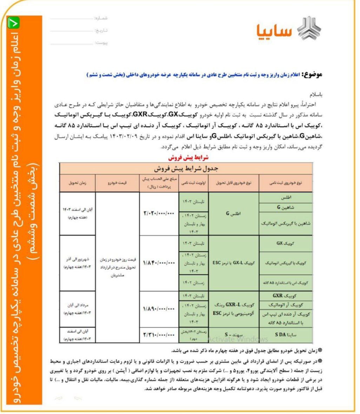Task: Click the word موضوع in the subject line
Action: pos(312,75)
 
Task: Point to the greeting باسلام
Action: pos(315,95)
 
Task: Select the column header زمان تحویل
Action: pos(78,183)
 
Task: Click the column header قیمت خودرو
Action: pos(118,183)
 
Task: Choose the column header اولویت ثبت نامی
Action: pos(193,183)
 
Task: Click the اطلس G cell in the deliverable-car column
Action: pos(233,213)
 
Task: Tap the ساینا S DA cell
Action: pos(286,335)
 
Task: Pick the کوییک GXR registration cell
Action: pos(286,295)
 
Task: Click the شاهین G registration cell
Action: pos(286,207)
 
